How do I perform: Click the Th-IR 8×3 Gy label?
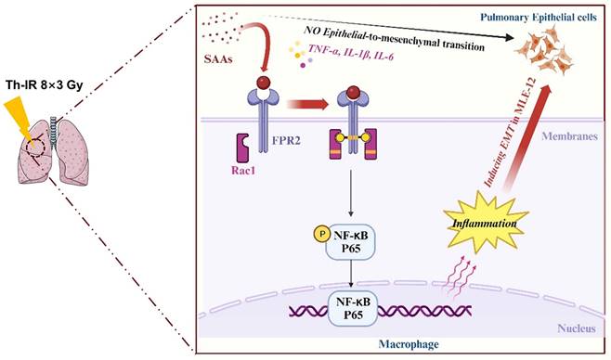[x=45, y=89]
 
